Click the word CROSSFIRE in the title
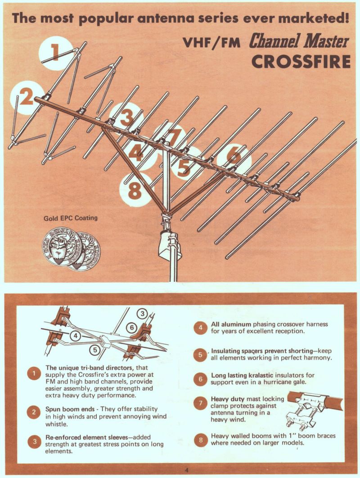(x=301, y=61)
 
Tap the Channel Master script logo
(x=299, y=41)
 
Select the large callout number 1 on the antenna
(x=55, y=52)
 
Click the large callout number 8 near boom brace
(x=135, y=190)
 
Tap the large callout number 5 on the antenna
(x=184, y=167)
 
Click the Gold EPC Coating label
(x=70, y=218)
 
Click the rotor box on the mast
(x=170, y=244)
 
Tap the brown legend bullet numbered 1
(x=34, y=374)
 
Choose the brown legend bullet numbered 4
(x=200, y=328)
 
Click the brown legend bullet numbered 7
(x=200, y=403)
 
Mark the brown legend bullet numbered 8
(x=200, y=440)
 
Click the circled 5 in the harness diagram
(x=95, y=350)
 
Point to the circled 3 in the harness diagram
(x=142, y=313)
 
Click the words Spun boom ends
(x=70, y=409)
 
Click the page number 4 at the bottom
(x=187, y=470)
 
